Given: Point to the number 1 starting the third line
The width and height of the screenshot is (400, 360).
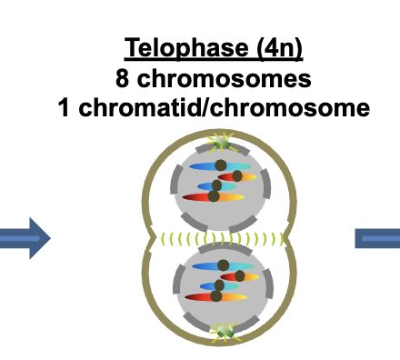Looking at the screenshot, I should [62, 107].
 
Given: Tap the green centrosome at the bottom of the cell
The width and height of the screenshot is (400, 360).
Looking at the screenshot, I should [223, 333].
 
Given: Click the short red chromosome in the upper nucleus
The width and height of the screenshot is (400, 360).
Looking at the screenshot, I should [240, 175].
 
